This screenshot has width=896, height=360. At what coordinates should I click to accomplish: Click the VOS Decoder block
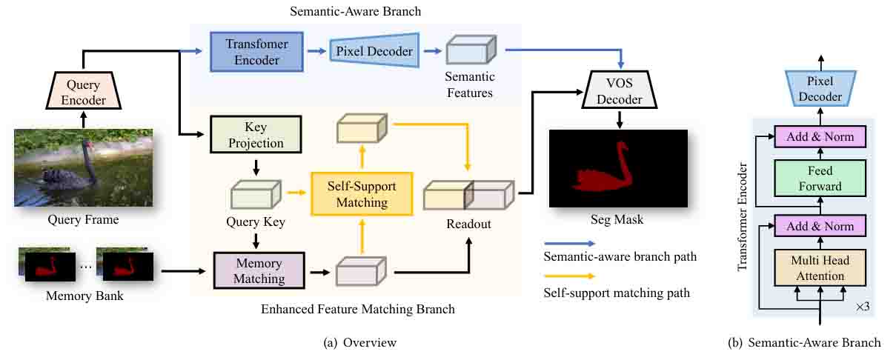tap(616, 90)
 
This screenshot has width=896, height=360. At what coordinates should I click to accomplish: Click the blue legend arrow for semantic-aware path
tap(568, 243)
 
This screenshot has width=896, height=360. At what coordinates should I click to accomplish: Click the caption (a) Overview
tap(360, 342)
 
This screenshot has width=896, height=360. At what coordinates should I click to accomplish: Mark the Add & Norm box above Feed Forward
tap(820, 136)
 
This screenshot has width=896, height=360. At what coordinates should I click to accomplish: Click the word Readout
tap(468, 223)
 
